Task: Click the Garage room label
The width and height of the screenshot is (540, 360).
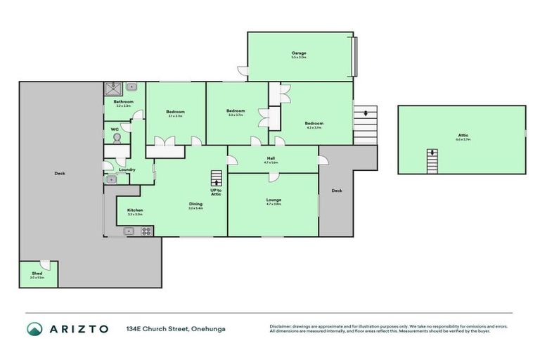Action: coord(299,53)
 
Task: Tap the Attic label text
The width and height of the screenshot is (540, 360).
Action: coord(462,135)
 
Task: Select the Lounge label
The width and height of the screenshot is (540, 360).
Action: coord(274,200)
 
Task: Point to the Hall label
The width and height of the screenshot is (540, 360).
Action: coord(271,158)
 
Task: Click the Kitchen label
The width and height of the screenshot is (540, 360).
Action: coord(135,210)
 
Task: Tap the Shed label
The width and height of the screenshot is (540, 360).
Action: coord(37,274)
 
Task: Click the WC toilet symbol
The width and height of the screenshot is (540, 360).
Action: coord(117,139)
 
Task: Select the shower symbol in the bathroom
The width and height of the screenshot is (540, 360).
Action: coord(113,89)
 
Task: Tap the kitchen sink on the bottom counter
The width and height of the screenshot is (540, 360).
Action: coord(129,231)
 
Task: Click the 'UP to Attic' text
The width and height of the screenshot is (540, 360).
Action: coord(216,192)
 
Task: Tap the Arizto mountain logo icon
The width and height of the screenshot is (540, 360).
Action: coord(34,328)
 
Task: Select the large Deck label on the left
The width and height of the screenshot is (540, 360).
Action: coord(60,173)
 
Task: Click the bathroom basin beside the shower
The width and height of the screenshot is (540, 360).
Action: coord(130,89)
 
